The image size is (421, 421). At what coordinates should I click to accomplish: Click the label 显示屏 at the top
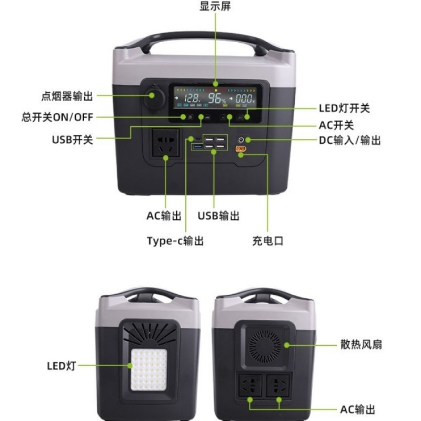[x=215, y=7]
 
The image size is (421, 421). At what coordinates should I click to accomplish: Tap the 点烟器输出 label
[x=67, y=96]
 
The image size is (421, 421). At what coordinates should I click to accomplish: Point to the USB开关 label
[x=72, y=139]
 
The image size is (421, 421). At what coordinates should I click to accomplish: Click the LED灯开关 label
[x=344, y=108]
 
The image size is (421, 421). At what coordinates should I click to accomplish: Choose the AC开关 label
[x=336, y=125]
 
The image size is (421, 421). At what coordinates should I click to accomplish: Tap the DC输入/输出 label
[x=350, y=141]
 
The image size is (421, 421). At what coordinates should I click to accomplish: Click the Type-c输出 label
[x=175, y=241]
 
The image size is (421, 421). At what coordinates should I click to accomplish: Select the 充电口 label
[x=267, y=241]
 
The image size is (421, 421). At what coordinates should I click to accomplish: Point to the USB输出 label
[x=218, y=216]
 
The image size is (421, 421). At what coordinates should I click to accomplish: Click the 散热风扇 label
[x=360, y=345]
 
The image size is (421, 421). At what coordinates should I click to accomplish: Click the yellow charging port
[x=240, y=150]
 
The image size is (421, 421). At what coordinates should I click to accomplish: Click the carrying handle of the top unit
[x=213, y=40]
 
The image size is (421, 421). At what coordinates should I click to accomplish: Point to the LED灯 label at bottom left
[x=61, y=365]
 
